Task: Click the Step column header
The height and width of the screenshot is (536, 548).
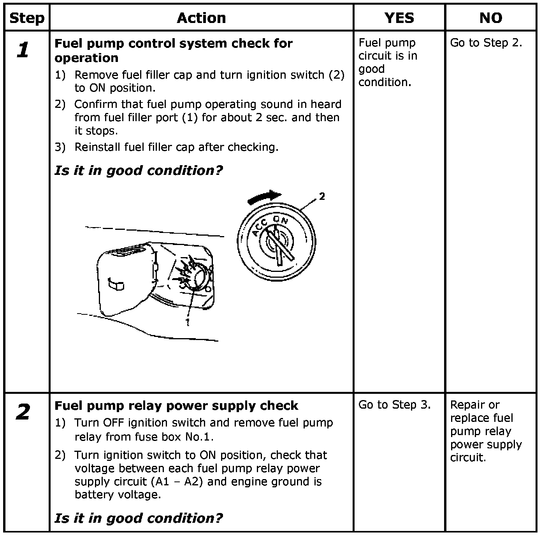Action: [x=27, y=18]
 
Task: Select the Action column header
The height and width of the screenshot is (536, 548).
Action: [x=201, y=18]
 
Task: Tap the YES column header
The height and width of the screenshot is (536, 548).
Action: [x=399, y=18]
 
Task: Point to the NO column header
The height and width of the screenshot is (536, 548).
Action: [x=490, y=18]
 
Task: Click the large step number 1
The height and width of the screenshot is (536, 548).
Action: [x=23, y=50]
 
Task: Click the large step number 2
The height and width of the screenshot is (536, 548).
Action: [x=23, y=412]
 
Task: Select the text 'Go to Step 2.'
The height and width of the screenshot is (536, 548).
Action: [x=486, y=43]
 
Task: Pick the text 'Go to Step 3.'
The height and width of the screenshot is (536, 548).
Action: [x=394, y=405]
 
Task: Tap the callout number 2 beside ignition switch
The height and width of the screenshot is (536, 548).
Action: [x=322, y=197]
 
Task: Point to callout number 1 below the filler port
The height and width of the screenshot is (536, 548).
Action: [x=188, y=322]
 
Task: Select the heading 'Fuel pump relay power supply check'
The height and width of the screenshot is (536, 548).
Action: [x=176, y=406]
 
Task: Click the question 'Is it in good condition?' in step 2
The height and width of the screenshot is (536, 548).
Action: [x=139, y=518]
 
